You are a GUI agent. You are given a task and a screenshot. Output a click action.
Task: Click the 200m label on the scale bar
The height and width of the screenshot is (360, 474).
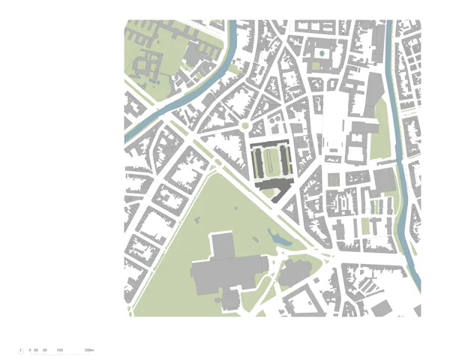(x=88, y=350)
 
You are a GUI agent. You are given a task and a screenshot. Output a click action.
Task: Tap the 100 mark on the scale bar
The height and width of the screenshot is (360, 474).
(x=59, y=350)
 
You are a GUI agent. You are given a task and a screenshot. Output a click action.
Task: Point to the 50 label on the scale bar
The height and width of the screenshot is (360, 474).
(x=45, y=350)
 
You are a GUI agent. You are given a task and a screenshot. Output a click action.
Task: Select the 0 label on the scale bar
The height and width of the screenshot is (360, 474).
(x=30, y=350)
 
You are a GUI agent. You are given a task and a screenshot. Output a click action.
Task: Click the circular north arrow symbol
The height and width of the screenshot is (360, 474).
(x=20, y=350)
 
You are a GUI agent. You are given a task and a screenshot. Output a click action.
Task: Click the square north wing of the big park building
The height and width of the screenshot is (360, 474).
(x=221, y=245)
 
